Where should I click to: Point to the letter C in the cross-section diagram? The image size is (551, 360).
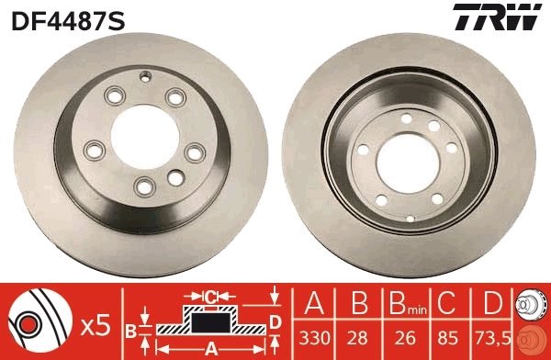209,296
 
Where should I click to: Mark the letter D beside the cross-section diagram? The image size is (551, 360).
275,321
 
